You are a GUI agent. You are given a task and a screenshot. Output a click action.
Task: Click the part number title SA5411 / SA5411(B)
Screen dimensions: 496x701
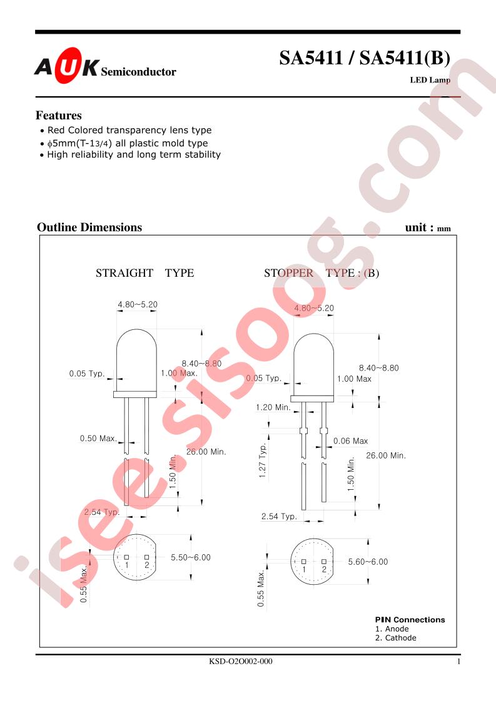365,58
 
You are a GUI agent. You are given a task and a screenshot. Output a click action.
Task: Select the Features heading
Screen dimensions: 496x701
59,116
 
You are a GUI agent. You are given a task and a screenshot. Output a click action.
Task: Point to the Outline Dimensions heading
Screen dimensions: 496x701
89,227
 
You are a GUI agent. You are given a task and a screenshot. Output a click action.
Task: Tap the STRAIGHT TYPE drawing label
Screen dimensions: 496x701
144,272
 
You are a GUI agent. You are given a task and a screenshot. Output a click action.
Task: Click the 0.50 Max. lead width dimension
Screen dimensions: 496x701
98,439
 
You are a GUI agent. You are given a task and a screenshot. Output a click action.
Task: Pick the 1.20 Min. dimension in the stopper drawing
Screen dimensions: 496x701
273,407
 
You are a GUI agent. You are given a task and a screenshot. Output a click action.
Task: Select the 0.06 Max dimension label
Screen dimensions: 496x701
350,441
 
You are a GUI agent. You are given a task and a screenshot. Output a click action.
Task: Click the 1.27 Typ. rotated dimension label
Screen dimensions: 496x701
263,460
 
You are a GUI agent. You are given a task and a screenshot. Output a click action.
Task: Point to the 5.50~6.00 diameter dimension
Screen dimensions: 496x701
191,557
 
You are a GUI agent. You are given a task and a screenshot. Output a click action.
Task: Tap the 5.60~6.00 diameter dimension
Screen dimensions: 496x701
368,562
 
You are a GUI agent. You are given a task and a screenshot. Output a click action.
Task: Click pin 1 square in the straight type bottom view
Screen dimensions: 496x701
127,557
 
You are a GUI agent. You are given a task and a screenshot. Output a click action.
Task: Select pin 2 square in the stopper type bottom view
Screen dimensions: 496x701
324,561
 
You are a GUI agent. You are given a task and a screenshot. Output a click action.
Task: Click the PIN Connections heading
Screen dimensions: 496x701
410,620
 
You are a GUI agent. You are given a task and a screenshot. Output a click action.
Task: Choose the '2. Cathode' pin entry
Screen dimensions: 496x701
396,638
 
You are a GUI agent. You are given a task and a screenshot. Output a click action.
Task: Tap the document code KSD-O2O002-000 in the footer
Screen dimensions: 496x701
241,661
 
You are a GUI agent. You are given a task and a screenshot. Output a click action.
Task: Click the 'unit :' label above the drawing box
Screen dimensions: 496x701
420,227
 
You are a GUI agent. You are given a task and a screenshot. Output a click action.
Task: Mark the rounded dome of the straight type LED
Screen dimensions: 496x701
136,340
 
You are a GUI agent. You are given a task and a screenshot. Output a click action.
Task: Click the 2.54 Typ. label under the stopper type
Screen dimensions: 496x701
280,516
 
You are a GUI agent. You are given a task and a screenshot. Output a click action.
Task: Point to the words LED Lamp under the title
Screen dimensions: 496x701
430,80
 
